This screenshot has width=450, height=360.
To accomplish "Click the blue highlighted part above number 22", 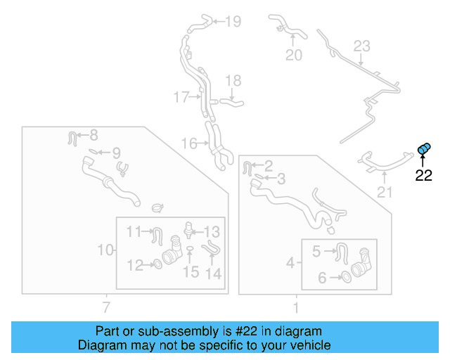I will (x=424, y=148).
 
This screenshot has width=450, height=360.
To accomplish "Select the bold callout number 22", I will (x=423, y=176).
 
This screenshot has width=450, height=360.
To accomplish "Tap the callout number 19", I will (x=232, y=22).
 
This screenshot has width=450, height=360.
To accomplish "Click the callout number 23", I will (x=361, y=46).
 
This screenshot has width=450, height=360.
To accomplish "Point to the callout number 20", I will (x=294, y=54).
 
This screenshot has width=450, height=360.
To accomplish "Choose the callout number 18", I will (x=233, y=81).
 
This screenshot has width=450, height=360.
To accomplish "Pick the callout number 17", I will (x=181, y=97).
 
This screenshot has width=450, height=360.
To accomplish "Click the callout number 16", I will (x=189, y=143).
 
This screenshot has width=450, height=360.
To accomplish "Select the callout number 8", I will (x=94, y=135).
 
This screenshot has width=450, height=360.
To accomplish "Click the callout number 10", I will (x=105, y=250).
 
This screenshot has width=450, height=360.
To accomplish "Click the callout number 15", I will (x=191, y=271).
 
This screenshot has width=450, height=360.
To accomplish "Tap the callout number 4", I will (x=291, y=264).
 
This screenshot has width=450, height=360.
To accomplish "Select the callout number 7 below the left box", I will (x=106, y=307).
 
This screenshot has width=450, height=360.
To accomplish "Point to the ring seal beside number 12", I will (x=158, y=265).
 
